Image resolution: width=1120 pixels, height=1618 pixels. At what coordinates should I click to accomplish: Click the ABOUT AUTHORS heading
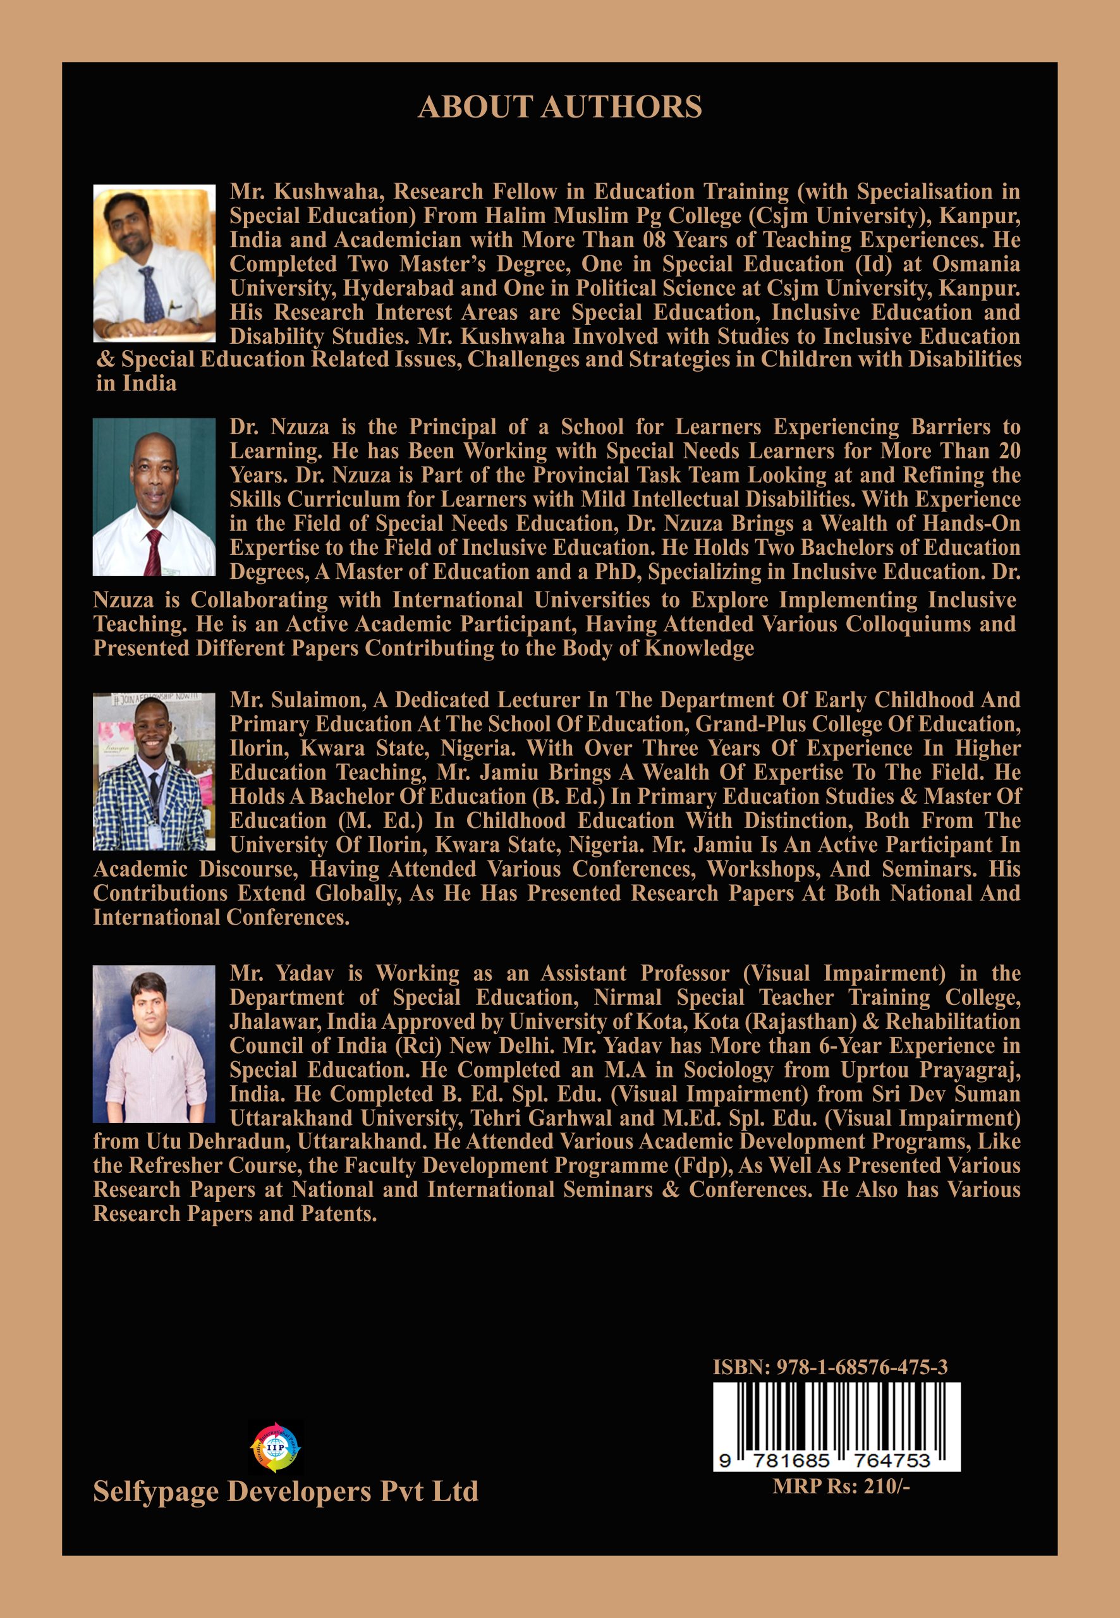559,107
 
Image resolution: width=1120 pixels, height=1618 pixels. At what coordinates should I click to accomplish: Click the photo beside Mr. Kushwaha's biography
154,263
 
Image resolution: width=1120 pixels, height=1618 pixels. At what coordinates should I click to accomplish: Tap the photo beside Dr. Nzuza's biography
154,497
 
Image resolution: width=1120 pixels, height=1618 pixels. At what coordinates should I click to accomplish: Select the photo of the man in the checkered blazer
154,772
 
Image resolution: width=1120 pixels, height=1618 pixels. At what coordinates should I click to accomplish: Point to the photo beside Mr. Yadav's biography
154,1044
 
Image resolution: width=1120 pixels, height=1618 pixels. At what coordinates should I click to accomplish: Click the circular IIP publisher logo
275,1447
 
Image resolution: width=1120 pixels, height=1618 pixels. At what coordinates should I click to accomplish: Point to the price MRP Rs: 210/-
841,1486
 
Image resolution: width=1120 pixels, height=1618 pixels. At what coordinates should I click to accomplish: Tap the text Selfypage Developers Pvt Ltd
286,1491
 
